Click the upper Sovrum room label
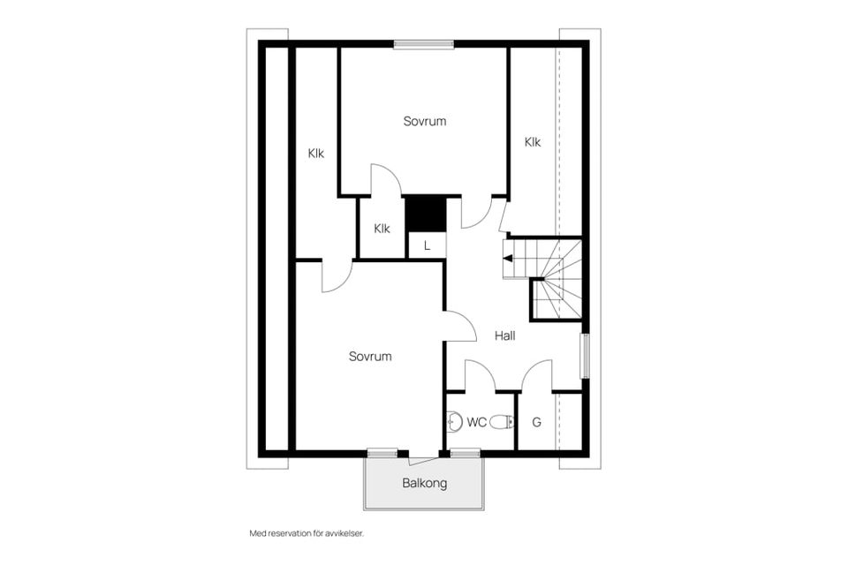[x=425, y=121]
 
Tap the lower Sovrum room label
[x=370, y=357]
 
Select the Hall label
[x=505, y=335]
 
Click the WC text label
[x=477, y=422]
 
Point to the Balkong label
[x=425, y=483]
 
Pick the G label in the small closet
[x=536, y=422]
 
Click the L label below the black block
[x=427, y=246]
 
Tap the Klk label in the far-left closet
[x=316, y=153]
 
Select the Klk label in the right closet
[x=533, y=141]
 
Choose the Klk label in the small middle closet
[x=382, y=228]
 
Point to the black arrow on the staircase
[x=508, y=259]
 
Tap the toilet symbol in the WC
[x=503, y=422]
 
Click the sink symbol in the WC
[x=455, y=422]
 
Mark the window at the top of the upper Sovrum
[x=424, y=44]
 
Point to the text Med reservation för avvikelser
[x=307, y=533]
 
